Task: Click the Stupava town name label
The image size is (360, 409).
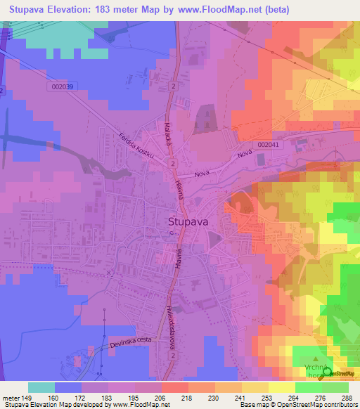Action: (x=188, y=221)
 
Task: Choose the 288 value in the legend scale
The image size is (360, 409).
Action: (x=347, y=398)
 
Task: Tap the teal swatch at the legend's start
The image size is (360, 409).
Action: (x=41, y=387)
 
